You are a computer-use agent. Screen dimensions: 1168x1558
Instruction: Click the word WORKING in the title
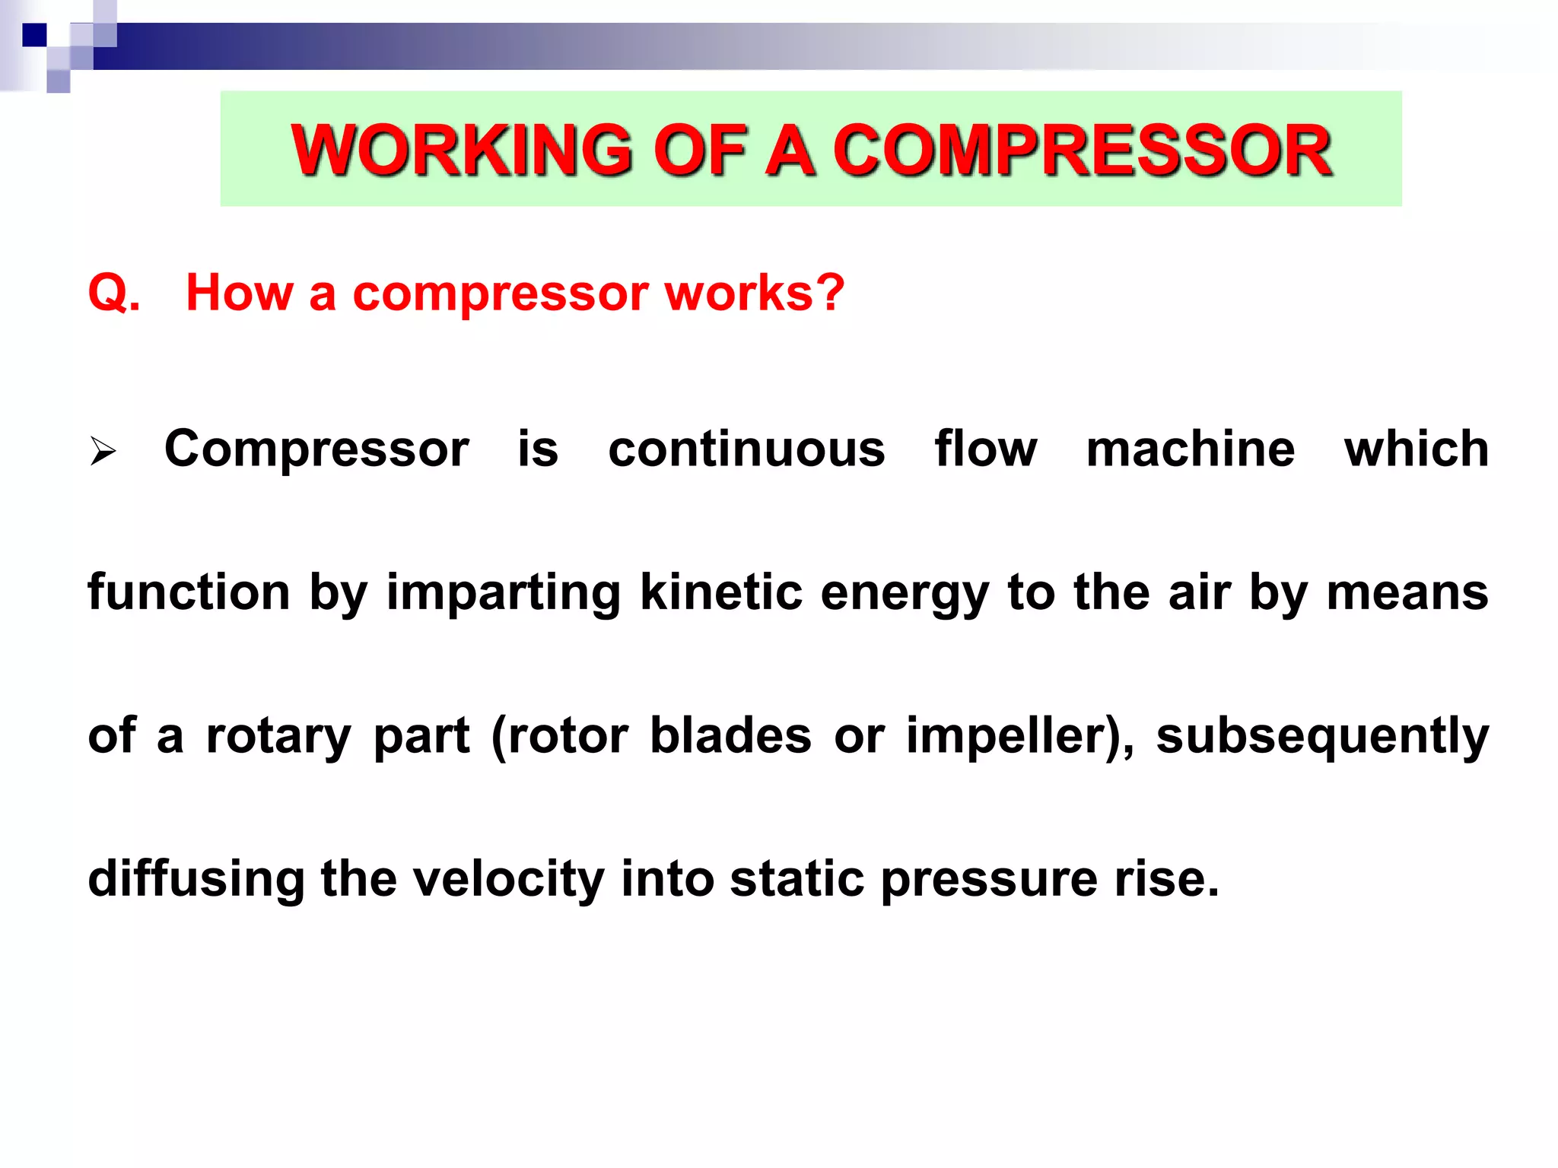[x=461, y=150]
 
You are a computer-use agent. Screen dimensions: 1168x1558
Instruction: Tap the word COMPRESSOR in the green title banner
[x=1082, y=150]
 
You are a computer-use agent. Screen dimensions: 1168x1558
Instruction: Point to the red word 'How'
[x=239, y=293]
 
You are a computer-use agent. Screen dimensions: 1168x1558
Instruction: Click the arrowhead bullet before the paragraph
[x=103, y=451]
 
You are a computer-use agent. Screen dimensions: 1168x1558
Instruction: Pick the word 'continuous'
[x=746, y=449]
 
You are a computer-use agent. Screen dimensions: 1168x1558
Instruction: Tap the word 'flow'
[x=985, y=449]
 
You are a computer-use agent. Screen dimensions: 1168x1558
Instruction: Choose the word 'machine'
[x=1190, y=449]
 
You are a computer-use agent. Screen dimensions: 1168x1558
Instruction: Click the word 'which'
[x=1416, y=449]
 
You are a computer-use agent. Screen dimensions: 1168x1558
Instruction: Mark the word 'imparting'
[x=504, y=593]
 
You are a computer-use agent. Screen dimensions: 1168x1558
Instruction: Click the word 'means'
[x=1407, y=593]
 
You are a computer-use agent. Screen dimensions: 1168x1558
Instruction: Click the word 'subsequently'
[x=1322, y=738]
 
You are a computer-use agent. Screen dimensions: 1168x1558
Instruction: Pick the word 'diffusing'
[x=196, y=879]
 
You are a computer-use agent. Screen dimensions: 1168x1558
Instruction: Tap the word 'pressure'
[x=989, y=881]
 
